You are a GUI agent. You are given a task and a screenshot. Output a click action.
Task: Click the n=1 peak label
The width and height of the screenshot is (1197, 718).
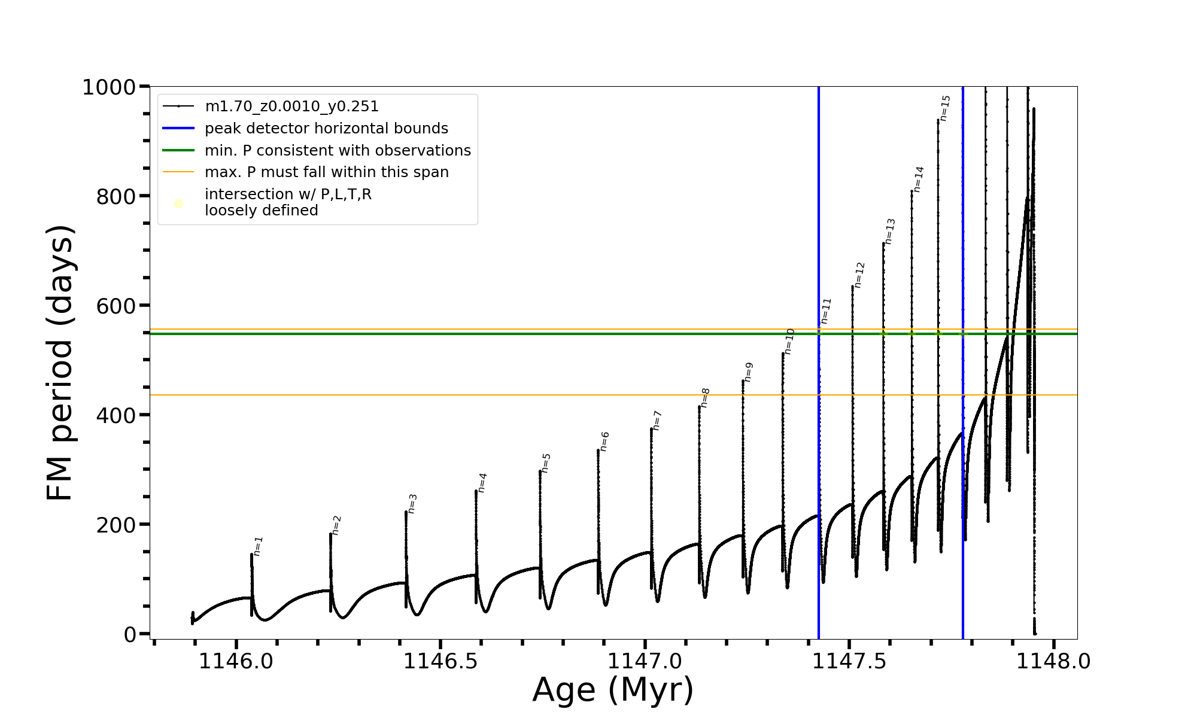(258, 546)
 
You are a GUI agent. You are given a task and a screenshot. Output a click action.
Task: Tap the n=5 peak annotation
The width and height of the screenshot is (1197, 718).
(546, 463)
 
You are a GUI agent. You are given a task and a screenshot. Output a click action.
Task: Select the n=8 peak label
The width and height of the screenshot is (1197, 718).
(705, 398)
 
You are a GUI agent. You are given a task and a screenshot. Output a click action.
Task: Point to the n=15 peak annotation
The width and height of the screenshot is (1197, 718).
(944, 108)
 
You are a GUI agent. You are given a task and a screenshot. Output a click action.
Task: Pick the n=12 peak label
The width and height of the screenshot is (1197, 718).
(859, 275)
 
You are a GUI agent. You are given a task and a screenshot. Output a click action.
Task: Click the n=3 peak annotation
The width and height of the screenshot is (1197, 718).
(412, 504)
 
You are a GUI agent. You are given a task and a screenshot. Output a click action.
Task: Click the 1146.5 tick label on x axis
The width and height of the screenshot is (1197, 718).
(440, 662)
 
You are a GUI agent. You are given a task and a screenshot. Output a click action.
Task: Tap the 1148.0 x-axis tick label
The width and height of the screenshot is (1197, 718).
(1053, 662)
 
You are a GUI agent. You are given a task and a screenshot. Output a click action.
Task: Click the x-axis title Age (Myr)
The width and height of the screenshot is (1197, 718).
(613, 690)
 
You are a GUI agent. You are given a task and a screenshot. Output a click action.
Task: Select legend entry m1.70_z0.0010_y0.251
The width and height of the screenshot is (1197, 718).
(291, 107)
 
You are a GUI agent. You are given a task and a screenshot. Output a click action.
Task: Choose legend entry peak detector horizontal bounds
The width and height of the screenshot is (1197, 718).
(326, 129)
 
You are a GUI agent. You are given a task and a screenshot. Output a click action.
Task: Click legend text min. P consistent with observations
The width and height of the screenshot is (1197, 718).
(338, 151)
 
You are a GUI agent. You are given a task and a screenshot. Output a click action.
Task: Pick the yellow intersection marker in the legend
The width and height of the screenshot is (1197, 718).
(178, 204)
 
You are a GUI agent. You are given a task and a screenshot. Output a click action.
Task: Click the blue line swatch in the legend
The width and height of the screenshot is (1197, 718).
(178, 129)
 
